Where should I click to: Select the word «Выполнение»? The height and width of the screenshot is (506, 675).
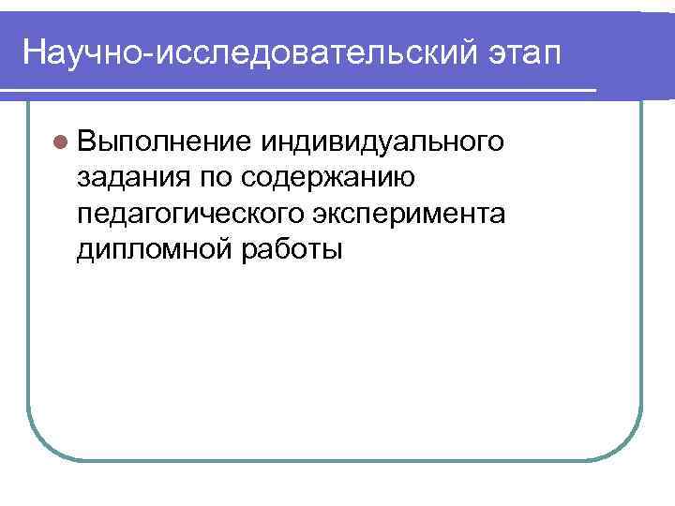coord(165,141)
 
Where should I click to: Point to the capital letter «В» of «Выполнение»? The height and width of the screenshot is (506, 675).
coord(88,141)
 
